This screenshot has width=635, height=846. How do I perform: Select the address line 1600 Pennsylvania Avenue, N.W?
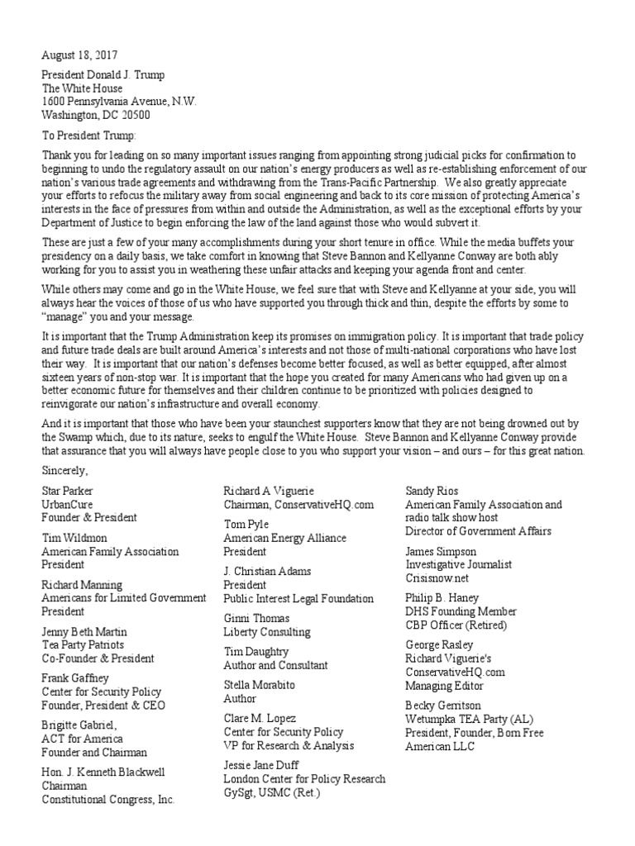[x=119, y=101]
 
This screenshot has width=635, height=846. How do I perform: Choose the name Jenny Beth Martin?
[x=84, y=632]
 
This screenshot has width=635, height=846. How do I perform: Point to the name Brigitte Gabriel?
[x=80, y=725]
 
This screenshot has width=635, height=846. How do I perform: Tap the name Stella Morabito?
[x=260, y=685]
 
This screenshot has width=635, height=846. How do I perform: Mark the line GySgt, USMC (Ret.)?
[x=271, y=792]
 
